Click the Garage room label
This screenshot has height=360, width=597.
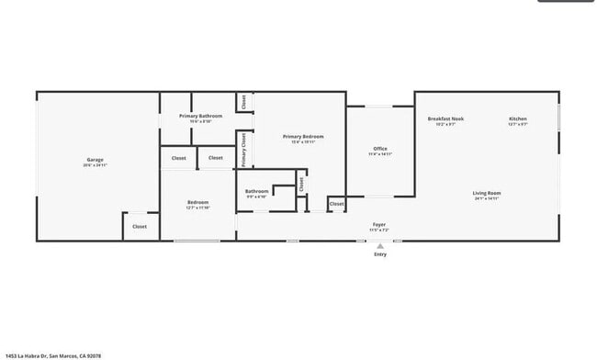pyautogui.click(x=96, y=160)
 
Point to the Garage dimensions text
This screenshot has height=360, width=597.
pyautogui.click(x=96, y=165)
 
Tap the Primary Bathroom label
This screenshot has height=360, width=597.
pyautogui.click(x=200, y=116)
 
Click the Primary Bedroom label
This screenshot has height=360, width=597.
pyautogui.click(x=303, y=136)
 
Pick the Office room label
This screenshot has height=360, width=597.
pyautogui.click(x=380, y=149)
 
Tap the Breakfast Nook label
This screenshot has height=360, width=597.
pyautogui.click(x=445, y=118)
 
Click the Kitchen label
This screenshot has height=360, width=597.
pyautogui.click(x=518, y=118)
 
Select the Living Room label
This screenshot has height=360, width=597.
pyautogui.click(x=487, y=193)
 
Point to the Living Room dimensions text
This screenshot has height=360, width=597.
pyautogui.click(x=487, y=198)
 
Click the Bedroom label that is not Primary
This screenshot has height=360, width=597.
pyautogui.click(x=198, y=202)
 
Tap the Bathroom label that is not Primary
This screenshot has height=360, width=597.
pyautogui.click(x=256, y=191)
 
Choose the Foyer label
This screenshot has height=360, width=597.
pyautogui.click(x=379, y=223)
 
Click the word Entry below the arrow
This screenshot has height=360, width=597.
pyautogui.click(x=380, y=254)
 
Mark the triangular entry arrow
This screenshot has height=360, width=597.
pyautogui.click(x=380, y=245)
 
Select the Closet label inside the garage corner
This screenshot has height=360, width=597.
pyautogui.click(x=139, y=226)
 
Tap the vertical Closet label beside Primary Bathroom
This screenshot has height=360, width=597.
pyautogui.click(x=244, y=102)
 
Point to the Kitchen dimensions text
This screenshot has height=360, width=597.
pyautogui.click(x=518, y=124)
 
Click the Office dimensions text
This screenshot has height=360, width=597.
pyautogui.click(x=380, y=154)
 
